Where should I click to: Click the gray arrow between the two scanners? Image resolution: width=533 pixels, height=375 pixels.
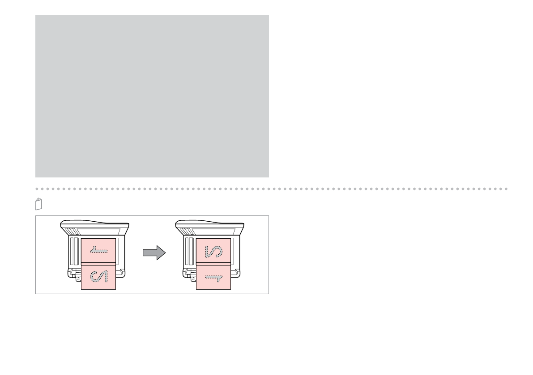154,253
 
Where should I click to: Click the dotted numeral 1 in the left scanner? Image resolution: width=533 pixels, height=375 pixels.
98,251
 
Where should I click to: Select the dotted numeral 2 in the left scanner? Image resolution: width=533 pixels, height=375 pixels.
98,277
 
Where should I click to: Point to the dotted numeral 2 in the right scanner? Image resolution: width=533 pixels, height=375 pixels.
213,251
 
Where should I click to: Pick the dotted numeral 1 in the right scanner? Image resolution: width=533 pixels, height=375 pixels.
213,277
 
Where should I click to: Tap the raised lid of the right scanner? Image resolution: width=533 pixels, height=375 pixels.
210,223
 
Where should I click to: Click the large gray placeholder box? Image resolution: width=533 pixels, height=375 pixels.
152,96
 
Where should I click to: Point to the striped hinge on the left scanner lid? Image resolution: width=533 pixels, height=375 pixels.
72,231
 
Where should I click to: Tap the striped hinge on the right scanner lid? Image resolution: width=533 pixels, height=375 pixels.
187,231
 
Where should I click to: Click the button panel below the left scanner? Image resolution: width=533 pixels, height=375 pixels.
78,278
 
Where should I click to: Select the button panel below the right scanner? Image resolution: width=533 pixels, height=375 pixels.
193,278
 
